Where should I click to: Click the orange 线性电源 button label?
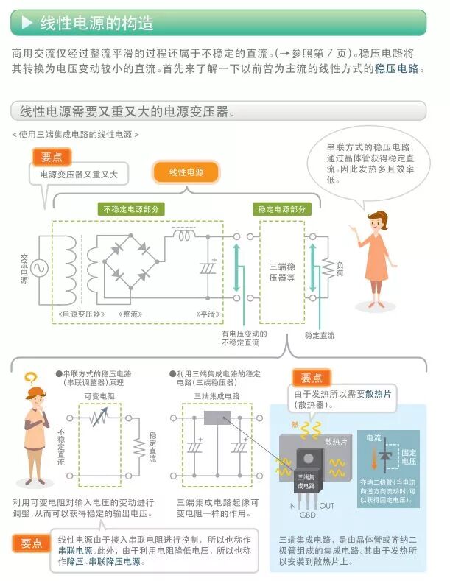tap(187, 172)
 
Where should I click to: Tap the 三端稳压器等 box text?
tap(281, 272)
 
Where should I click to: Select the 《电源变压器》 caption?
tap(81, 314)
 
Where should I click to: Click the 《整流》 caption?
tap(133, 314)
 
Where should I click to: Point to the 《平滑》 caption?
tap(205, 314)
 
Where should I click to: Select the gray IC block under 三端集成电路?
tap(217, 418)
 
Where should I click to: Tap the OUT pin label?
tap(326, 506)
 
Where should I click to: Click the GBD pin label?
tap(307, 515)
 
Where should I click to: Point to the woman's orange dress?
tap(376, 255)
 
